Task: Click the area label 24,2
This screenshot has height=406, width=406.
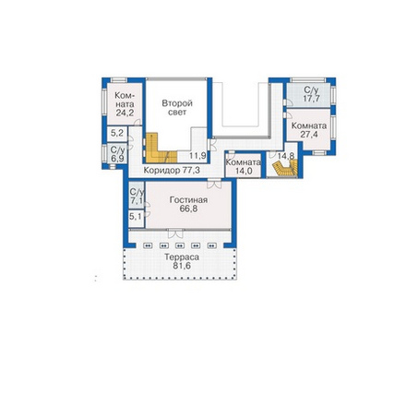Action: [x=125, y=113]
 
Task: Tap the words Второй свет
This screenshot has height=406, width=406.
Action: [x=177, y=107]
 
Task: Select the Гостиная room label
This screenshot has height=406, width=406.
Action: [x=188, y=200]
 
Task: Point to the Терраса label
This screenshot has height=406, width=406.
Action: [x=182, y=257]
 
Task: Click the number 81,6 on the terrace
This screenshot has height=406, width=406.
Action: [x=182, y=266]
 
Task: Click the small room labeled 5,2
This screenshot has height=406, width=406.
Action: [x=117, y=134]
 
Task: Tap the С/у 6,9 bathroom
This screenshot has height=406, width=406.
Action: [x=117, y=153]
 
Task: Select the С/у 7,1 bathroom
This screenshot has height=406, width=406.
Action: [x=137, y=196]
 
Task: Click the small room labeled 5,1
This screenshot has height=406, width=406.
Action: [x=136, y=217]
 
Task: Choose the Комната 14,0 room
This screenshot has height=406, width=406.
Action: [x=243, y=167]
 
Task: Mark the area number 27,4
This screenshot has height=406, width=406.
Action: [x=309, y=135]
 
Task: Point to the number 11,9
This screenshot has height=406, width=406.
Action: [x=197, y=156]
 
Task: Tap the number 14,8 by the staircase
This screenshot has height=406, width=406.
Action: [x=286, y=156]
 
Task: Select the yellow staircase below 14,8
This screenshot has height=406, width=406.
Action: [x=286, y=169]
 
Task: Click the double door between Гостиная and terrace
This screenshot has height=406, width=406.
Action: [x=175, y=233]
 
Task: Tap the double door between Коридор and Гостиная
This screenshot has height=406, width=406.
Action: [x=214, y=184]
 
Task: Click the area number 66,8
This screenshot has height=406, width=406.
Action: [x=188, y=209]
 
